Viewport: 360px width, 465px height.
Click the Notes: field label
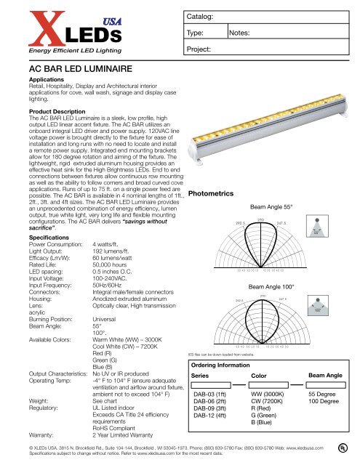(x=243, y=33)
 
